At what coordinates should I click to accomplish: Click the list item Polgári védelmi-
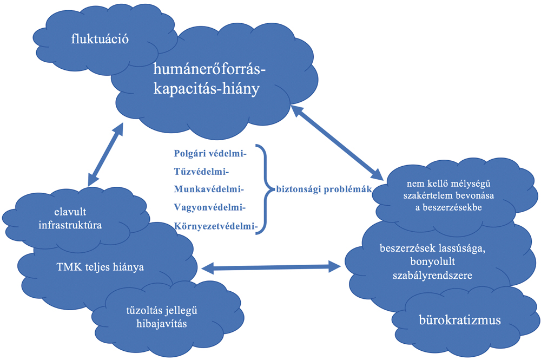[210, 154]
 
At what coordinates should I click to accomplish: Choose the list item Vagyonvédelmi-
[210, 207]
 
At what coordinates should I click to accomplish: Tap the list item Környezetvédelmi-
[215, 225]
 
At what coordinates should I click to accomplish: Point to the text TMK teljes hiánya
[100, 267]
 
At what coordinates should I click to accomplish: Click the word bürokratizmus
[460, 319]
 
